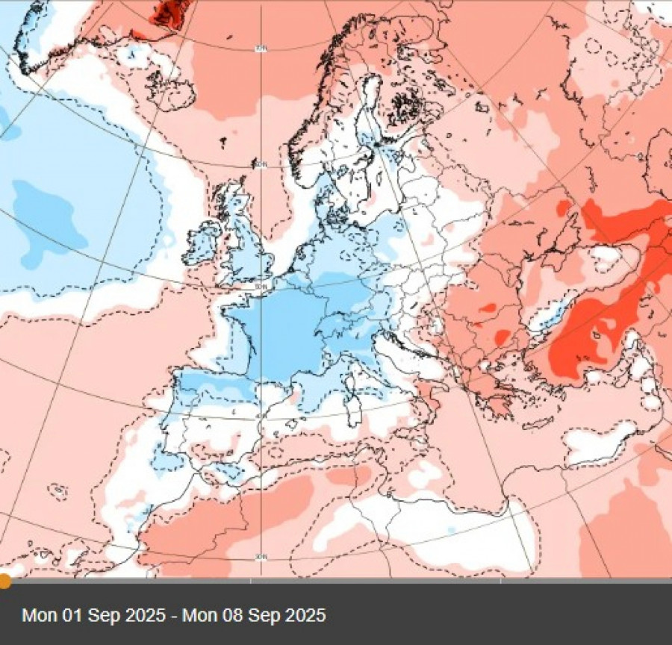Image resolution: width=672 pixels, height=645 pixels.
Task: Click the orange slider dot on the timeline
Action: [x=4, y=581]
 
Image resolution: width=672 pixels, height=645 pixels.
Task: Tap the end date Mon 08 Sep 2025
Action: [x=255, y=615]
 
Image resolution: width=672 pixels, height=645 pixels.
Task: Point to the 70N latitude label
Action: [x=260, y=49]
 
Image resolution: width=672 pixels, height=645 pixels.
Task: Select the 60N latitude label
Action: [x=261, y=165]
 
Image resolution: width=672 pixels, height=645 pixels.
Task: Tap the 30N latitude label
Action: [x=260, y=556]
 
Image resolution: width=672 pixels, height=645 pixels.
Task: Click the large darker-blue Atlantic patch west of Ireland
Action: [x=49, y=216]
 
